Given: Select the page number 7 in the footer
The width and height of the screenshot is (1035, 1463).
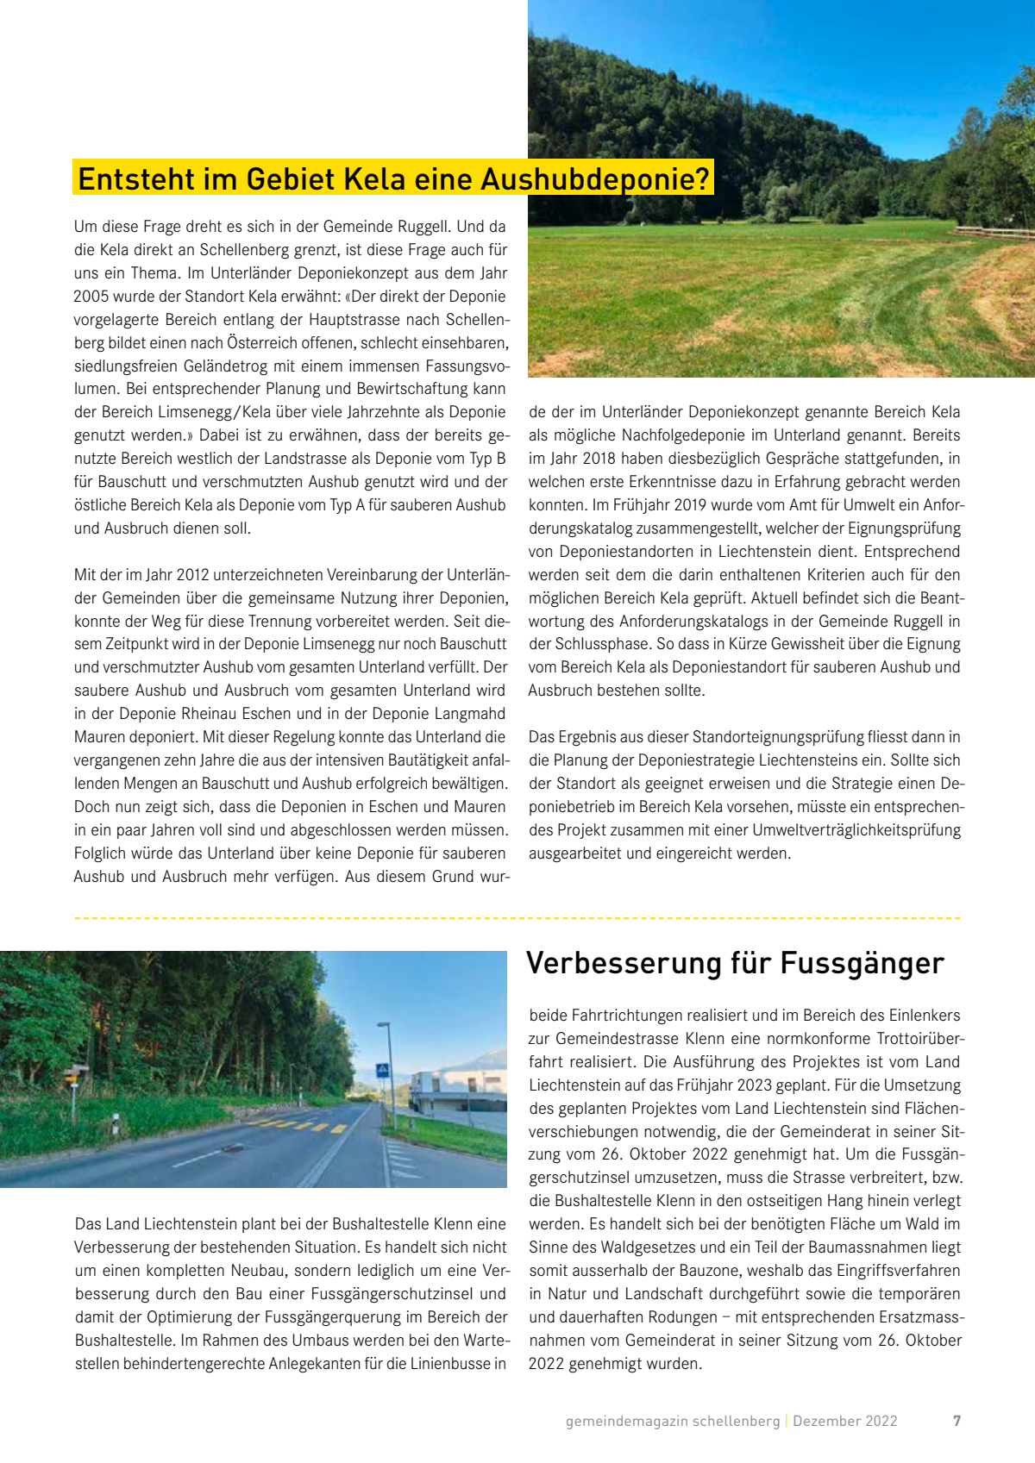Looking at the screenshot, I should point(957,1421).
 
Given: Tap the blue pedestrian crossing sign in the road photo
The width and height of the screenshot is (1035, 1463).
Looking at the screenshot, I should point(382,1070).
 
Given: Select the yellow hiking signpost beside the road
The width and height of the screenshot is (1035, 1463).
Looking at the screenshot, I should point(74,1075).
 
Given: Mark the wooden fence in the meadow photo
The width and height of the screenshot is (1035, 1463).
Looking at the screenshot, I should point(992,231).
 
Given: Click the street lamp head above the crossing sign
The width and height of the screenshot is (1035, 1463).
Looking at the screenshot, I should point(384,1025).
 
